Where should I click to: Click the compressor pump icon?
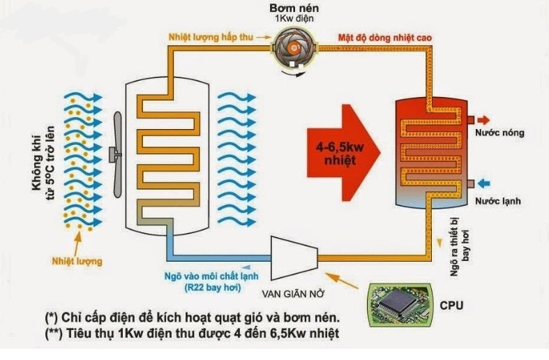pyautogui.click(x=295, y=49)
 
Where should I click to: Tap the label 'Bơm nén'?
pyautogui.click(x=294, y=8)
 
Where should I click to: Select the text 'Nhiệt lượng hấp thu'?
pyautogui.click(x=211, y=37)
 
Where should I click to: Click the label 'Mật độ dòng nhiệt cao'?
pyautogui.click(x=385, y=38)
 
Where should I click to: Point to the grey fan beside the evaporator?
pyautogui.click(x=116, y=154)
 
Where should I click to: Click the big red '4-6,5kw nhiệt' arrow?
pyautogui.click(x=343, y=153)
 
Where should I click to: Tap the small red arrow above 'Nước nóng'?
pyautogui.click(x=483, y=120)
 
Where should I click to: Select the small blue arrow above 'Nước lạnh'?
pyautogui.click(x=484, y=183)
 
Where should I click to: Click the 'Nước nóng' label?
pyautogui.click(x=499, y=133)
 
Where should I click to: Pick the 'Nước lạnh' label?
pyautogui.click(x=498, y=201)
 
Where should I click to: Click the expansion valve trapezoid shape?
pyautogui.click(x=294, y=257)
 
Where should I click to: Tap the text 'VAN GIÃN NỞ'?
pyautogui.click(x=294, y=294)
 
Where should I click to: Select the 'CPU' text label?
pyautogui.click(x=451, y=306)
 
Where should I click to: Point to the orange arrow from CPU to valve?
pyautogui.click(x=342, y=280)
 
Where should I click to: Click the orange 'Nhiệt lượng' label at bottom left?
pyautogui.click(x=77, y=261)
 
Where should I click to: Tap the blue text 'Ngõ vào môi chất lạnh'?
pyautogui.click(x=211, y=276)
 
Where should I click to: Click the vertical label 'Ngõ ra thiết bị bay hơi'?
pyautogui.click(x=460, y=247)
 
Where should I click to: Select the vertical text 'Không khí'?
pyautogui.click(x=36, y=163)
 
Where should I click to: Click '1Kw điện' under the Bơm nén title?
pyautogui.click(x=294, y=18)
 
